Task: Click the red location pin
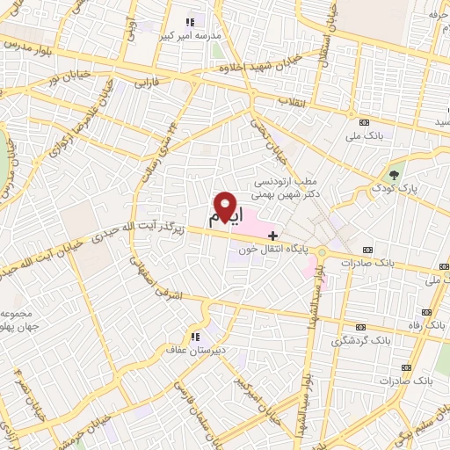click(x=228, y=206)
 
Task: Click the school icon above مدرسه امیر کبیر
click(x=189, y=23)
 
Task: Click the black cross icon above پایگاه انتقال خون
click(x=273, y=235)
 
